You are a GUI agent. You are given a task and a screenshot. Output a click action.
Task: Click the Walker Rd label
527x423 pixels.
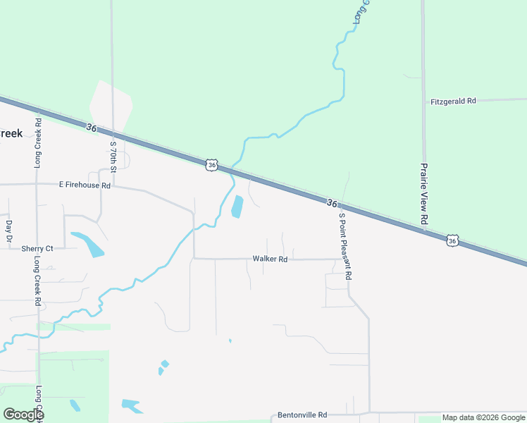(270, 259)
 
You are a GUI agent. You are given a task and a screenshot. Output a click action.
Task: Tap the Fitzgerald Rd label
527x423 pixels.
(453, 102)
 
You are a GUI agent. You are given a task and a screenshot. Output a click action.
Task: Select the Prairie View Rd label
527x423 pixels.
(424, 194)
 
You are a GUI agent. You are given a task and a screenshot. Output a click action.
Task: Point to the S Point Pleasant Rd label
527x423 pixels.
(345, 247)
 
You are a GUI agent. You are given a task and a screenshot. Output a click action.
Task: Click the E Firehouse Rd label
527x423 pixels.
(85, 185)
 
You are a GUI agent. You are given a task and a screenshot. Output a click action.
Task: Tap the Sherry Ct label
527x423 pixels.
(37, 249)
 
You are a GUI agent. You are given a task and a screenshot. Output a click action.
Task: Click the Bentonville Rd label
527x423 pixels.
(302, 415)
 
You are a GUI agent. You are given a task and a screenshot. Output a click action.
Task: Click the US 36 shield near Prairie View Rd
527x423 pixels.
(452, 241)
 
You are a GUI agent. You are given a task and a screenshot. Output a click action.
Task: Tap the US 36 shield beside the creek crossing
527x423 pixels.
(212, 165)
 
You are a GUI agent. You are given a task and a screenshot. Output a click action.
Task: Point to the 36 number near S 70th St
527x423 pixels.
(91, 128)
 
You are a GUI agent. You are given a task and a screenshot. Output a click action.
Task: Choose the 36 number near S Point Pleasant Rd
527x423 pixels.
(331, 202)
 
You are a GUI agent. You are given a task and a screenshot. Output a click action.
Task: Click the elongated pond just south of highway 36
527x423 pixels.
(237, 207)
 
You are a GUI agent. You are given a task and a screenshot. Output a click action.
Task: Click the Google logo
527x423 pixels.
(23, 415)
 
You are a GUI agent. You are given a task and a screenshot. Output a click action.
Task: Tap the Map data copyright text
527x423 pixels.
(483, 417)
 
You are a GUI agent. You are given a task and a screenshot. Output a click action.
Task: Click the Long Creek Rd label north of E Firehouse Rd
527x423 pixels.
(38, 147)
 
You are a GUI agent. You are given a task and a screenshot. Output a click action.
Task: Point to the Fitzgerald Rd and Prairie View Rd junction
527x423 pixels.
(423, 101)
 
